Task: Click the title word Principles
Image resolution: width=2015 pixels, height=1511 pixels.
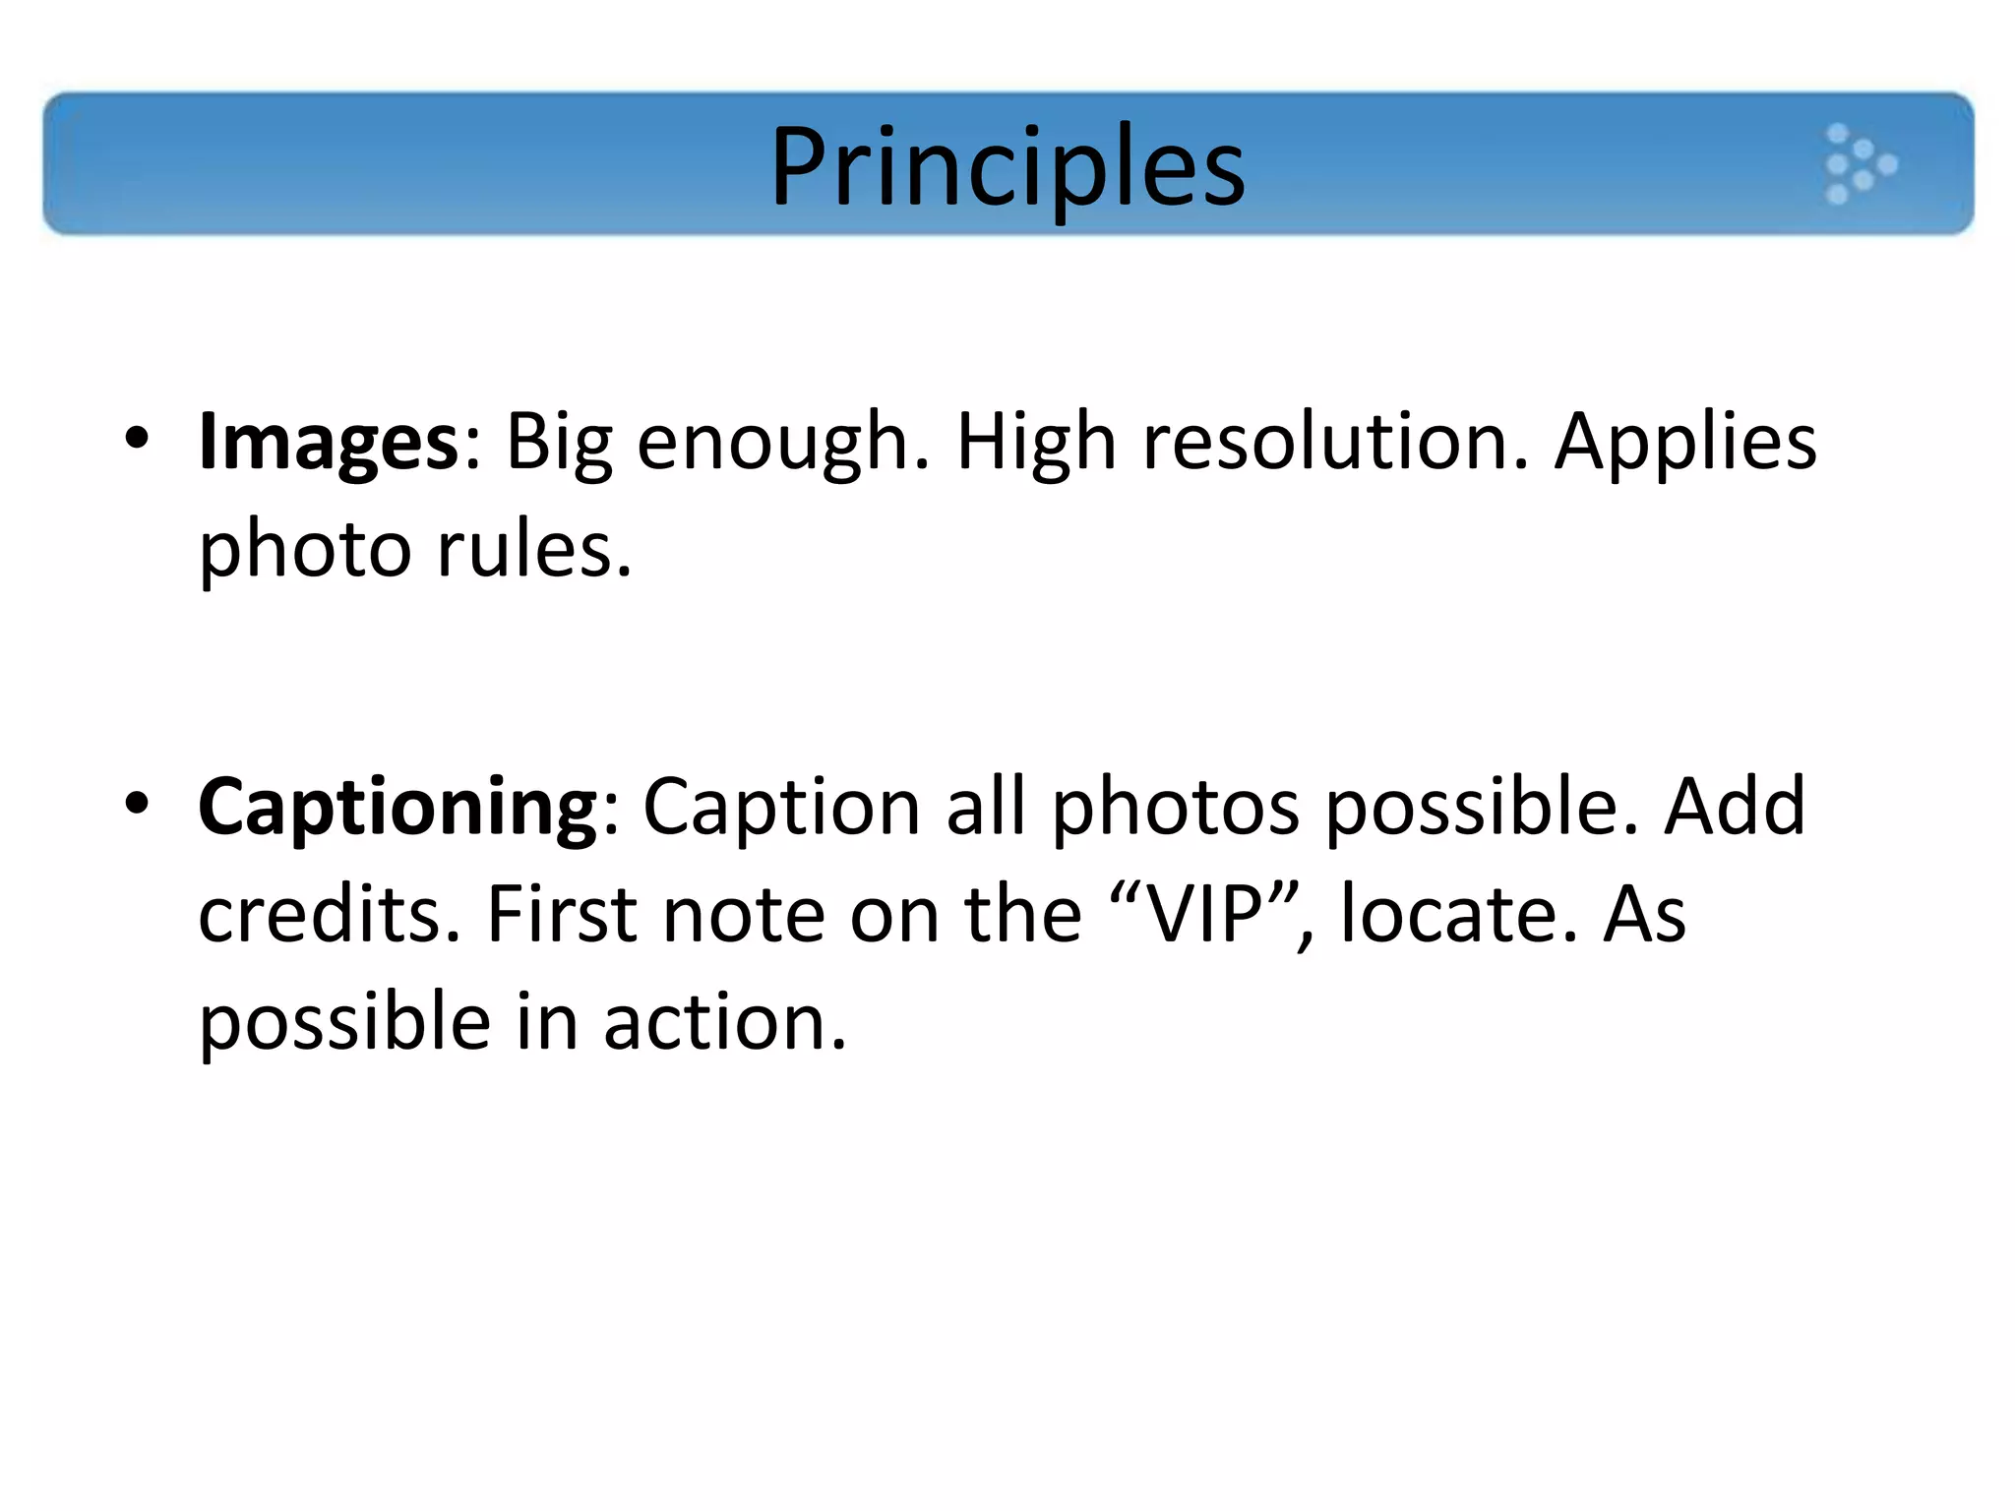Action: tap(1007, 167)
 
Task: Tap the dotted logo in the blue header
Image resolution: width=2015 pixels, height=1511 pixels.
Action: tap(1860, 163)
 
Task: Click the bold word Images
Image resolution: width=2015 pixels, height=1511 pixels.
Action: tap(329, 443)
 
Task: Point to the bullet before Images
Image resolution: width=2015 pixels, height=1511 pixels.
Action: tap(137, 438)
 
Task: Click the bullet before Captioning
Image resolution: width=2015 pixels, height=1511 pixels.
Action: tap(137, 803)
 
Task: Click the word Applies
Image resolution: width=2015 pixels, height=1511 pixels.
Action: tap(1684, 443)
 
